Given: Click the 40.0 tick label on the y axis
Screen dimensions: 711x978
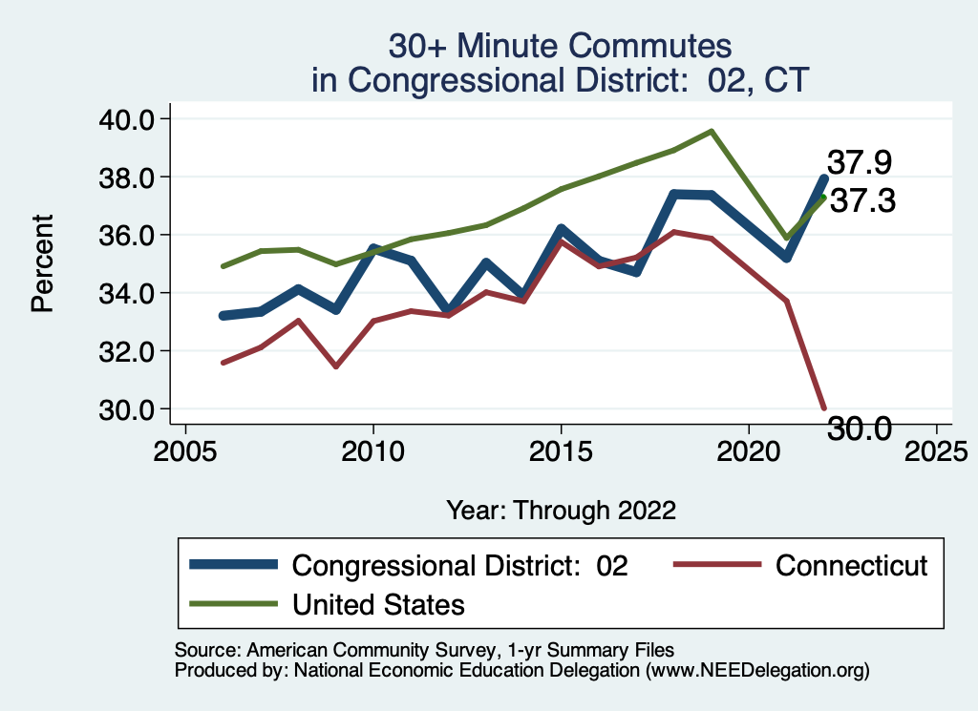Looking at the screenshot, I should point(127,119).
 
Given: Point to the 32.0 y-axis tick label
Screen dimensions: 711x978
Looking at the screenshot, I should point(127,351).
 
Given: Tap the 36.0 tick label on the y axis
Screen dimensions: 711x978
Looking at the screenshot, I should point(127,235).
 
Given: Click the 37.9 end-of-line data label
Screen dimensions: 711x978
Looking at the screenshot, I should point(861,162).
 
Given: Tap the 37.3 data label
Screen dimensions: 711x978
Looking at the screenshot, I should point(861,201).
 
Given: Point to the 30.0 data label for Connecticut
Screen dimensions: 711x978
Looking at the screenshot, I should point(859,429).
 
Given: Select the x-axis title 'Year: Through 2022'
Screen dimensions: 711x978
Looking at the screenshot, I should point(562,510).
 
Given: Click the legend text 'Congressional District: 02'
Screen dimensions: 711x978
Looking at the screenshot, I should point(459,565).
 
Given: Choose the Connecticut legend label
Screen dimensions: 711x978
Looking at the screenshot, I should point(851,565).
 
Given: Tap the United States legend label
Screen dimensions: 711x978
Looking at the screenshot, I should point(378,604).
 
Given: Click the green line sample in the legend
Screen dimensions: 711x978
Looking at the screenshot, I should point(233,604).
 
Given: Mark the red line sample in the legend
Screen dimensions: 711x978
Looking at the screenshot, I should point(716,565).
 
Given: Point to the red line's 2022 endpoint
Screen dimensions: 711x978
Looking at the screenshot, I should point(824,408).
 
